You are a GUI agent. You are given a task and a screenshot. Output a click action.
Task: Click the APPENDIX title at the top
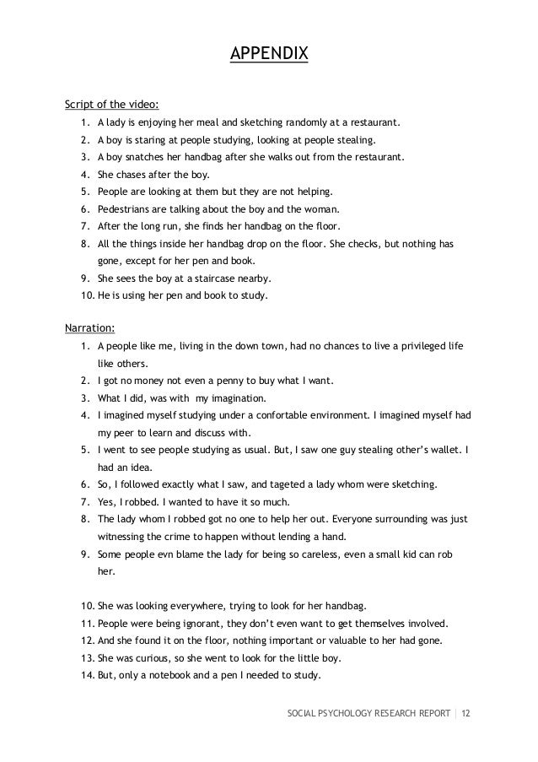[x=269, y=55]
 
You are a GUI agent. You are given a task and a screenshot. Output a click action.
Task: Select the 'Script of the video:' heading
[x=106, y=105]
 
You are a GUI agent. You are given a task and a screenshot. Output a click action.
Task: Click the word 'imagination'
[x=236, y=398]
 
